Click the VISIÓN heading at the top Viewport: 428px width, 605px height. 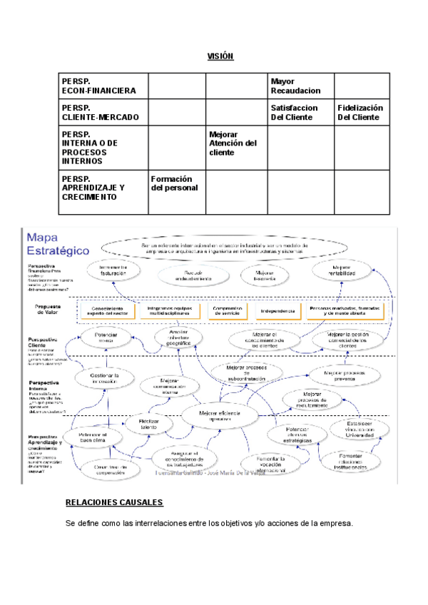(220, 56)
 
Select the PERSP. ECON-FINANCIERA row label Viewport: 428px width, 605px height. (98, 86)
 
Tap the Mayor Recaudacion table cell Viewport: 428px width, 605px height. (295, 86)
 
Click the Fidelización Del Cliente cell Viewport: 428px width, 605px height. (360, 112)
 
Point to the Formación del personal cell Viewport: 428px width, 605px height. (175, 183)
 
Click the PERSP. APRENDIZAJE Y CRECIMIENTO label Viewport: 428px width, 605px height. (93, 188)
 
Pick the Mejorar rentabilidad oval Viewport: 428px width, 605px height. (337, 270)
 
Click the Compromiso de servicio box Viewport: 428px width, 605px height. (228, 311)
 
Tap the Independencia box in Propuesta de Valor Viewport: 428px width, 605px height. (277, 311)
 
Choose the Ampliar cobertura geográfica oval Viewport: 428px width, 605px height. (179, 336)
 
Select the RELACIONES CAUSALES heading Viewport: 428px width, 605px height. (114, 503)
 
